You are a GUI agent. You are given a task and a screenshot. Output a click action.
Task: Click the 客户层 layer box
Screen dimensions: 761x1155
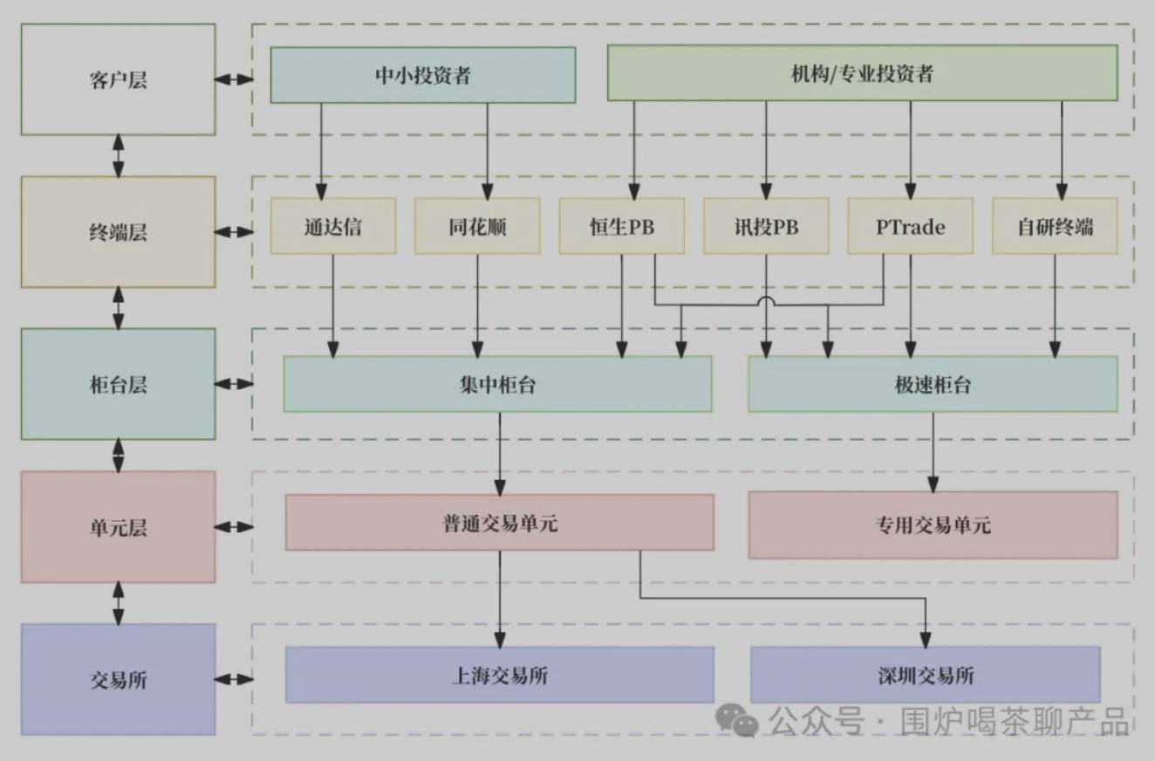(x=118, y=79)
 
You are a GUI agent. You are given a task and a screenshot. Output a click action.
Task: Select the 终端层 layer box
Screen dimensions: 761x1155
(x=118, y=232)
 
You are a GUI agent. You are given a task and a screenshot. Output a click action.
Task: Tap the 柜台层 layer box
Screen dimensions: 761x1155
(x=118, y=384)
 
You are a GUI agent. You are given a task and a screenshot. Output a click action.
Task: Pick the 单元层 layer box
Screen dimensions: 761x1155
(x=118, y=527)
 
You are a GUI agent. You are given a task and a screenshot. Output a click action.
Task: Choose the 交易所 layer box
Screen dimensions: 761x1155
(x=118, y=679)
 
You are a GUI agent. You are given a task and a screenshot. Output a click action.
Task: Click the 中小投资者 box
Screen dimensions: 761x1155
(x=422, y=75)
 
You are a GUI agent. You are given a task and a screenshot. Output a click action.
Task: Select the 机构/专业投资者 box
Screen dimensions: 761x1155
(x=861, y=73)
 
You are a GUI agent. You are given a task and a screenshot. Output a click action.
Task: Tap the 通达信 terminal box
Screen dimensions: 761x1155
(x=332, y=226)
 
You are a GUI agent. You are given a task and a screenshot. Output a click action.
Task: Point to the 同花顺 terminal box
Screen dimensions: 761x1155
(x=477, y=226)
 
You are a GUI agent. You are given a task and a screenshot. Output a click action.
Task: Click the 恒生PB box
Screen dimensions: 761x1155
(x=621, y=226)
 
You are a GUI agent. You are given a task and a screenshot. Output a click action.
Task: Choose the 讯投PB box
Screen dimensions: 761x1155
(x=766, y=226)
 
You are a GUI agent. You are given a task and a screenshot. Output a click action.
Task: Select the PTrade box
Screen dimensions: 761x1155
(x=910, y=226)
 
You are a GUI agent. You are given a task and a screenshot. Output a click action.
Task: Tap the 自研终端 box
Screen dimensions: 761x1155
(x=1055, y=226)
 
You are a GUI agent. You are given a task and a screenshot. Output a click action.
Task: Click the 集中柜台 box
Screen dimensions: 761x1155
(x=497, y=384)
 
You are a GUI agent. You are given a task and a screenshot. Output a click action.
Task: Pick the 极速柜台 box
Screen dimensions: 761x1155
(x=933, y=384)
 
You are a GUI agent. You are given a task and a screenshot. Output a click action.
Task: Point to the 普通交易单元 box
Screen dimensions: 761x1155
(x=499, y=523)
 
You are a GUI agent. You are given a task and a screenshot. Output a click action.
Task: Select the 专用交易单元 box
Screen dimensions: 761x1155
(x=933, y=524)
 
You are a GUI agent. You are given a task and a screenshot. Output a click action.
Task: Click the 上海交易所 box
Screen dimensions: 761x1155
(x=499, y=675)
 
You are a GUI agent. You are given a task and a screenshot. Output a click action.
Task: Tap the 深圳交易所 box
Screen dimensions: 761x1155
(x=925, y=675)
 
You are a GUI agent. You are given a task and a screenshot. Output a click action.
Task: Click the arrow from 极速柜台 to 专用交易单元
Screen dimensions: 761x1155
(x=933, y=451)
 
